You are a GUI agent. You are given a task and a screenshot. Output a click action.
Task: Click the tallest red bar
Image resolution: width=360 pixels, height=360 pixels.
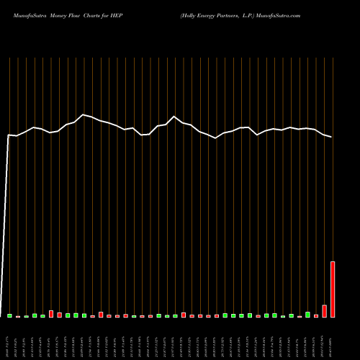pyautogui.click(x=333, y=289)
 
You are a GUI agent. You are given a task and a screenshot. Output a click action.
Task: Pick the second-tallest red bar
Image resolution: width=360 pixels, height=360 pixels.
pyautogui.click(x=324, y=311)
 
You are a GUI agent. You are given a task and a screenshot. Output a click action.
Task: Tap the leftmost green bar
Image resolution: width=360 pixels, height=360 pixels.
pyautogui.click(x=10, y=315)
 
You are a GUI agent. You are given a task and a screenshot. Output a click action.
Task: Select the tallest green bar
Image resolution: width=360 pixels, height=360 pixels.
pyautogui.click(x=307, y=315)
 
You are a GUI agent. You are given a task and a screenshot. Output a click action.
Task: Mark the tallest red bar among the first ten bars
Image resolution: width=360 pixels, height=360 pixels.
pyautogui.click(x=51, y=314)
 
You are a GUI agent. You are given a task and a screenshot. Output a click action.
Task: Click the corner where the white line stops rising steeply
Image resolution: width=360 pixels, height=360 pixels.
pyautogui.click(x=9, y=135)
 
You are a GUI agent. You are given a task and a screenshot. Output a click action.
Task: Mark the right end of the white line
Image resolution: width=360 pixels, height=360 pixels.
pyautogui.click(x=332, y=137)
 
